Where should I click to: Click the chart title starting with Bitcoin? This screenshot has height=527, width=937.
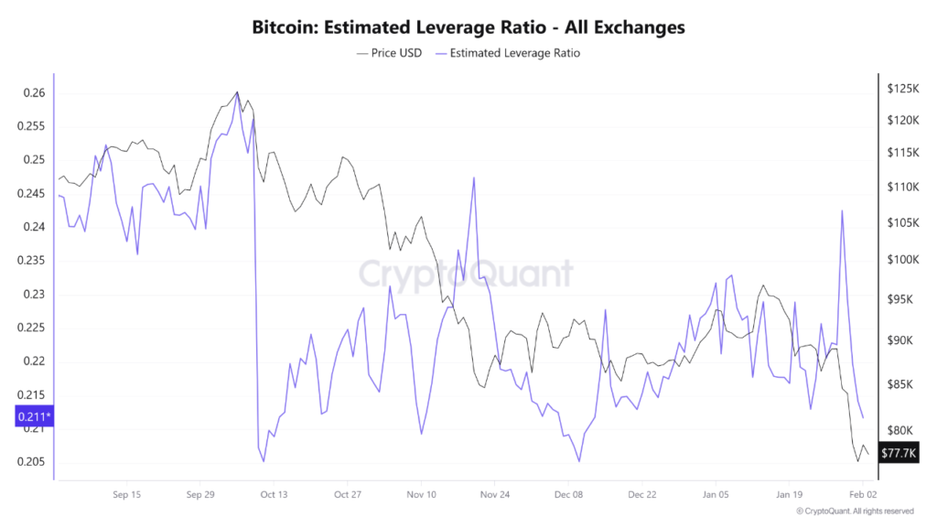468,27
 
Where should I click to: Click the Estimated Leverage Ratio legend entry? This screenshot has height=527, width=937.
514,53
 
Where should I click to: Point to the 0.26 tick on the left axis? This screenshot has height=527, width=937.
33,93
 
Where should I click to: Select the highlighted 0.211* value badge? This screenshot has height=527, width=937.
34,417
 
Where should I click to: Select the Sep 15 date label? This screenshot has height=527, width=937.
126,495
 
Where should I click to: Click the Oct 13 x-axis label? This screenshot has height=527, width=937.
274,495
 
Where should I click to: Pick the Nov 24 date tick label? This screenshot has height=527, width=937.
494,495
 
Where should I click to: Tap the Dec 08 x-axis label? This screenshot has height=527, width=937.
568,495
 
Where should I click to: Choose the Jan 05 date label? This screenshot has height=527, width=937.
716,495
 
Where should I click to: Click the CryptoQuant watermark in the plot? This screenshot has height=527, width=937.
466,274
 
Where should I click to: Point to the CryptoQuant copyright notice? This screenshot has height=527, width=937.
855,511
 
